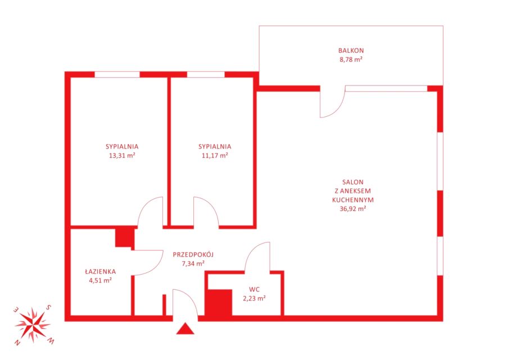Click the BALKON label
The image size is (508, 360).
pos(351,51)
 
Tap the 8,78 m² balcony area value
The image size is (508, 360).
pos(351,60)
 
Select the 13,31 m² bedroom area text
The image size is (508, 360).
pos(122,155)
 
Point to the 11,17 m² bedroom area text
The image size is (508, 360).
pos(215,155)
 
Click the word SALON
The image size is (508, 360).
pos(353,182)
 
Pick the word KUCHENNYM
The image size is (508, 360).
pos(353,200)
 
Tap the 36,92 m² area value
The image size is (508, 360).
pos(353,209)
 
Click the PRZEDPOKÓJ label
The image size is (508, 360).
pos(193,255)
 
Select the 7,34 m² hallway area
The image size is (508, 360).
pos(193,263)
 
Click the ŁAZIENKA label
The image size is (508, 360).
pos(101,272)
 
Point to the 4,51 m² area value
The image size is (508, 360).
pos(101,281)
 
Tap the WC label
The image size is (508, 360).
pos(255,289)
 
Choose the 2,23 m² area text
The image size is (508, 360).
pos(255,298)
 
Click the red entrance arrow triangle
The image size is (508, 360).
pos(185,330)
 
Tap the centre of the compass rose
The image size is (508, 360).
pos(33,325)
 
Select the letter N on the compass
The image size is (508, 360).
pos(17,343)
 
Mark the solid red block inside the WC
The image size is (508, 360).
pos(219,302)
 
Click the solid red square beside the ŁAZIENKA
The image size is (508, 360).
pos(125,237)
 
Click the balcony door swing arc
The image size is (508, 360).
pos(339,109)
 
